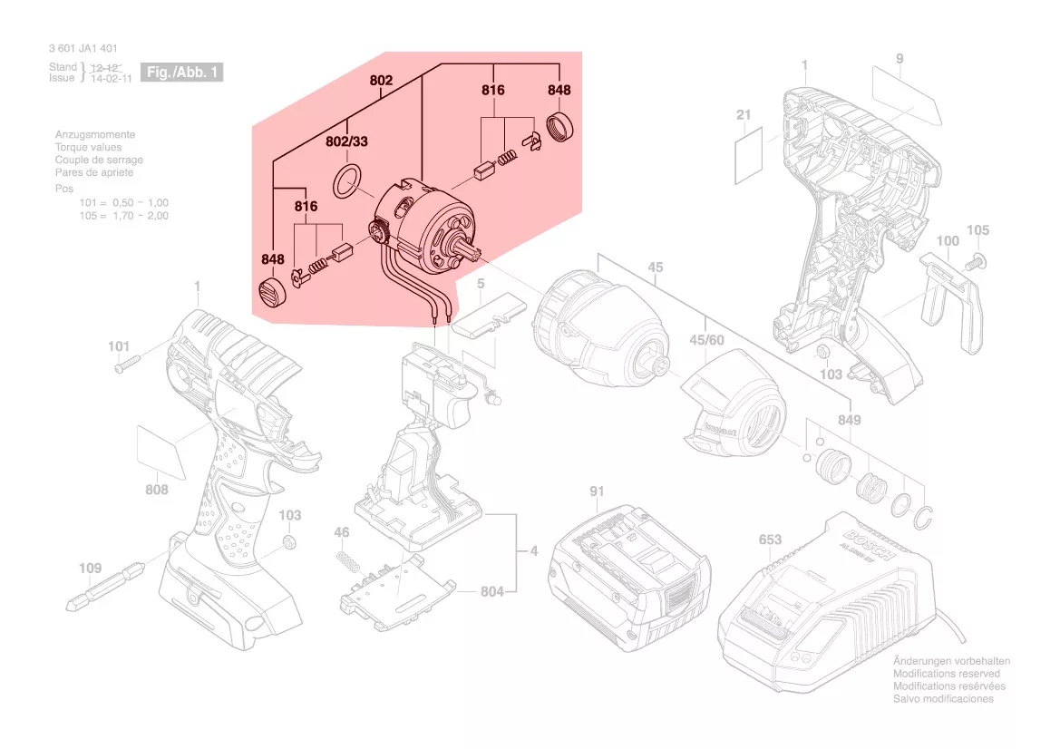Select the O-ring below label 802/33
pos(347,181)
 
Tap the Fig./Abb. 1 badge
pos(180,72)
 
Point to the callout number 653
pos(770,540)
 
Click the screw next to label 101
pos(126,365)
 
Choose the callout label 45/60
pos(706,340)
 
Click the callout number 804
pos(491,592)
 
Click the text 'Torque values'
pos(88,147)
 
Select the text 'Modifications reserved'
pos(947,674)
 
